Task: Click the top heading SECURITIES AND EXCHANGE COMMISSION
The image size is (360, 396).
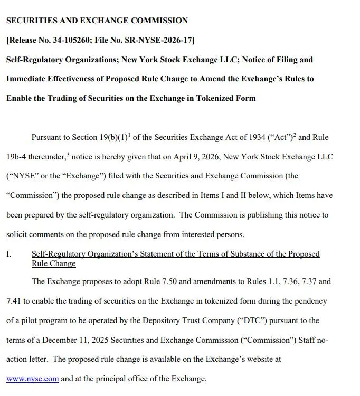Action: coord(97,21)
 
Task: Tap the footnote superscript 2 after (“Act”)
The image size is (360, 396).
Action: coord(295,135)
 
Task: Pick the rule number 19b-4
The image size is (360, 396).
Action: coord(17,157)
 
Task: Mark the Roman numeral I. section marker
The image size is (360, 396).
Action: coord(8,254)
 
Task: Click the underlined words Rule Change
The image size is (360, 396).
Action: coord(53,263)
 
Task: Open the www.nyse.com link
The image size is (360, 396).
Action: coord(32,379)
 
